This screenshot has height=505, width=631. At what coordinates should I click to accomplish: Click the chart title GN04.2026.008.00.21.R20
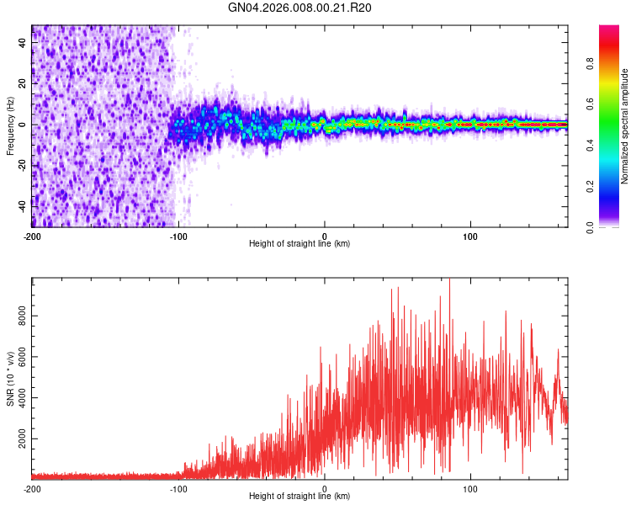(300, 8)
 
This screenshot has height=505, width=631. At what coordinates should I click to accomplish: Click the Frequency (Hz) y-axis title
(10, 126)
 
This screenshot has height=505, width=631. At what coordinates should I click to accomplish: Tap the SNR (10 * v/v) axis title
(10, 379)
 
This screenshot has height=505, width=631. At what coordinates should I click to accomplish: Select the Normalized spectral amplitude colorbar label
(625, 126)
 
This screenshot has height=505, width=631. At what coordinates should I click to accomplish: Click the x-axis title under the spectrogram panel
(300, 243)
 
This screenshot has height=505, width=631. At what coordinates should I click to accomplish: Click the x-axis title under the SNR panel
(300, 496)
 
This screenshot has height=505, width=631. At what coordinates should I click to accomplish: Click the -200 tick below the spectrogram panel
(32, 236)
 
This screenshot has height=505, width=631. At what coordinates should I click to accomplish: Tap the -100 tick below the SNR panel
(178, 488)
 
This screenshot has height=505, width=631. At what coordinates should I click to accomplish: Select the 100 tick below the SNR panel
(471, 488)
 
